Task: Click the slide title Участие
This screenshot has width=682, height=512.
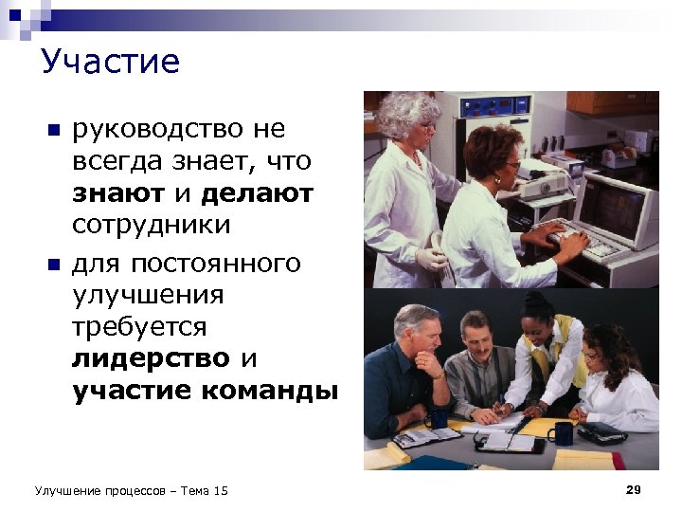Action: [x=110, y=63]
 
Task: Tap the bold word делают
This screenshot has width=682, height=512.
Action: [x=258, y=194]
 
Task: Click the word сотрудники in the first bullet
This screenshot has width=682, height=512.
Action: [x=151, y=226]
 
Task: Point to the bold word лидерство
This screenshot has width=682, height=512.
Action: [x=151, y=358]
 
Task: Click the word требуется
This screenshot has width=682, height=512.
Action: [x=138, y=326]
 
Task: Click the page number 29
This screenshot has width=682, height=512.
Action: [x=634, y=489]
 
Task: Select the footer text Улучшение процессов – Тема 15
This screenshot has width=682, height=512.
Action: [x=131, y=490]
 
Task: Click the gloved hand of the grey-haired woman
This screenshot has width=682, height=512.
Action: [x=430, y=258]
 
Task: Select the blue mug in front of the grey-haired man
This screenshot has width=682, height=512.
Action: [x=437, y=417]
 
